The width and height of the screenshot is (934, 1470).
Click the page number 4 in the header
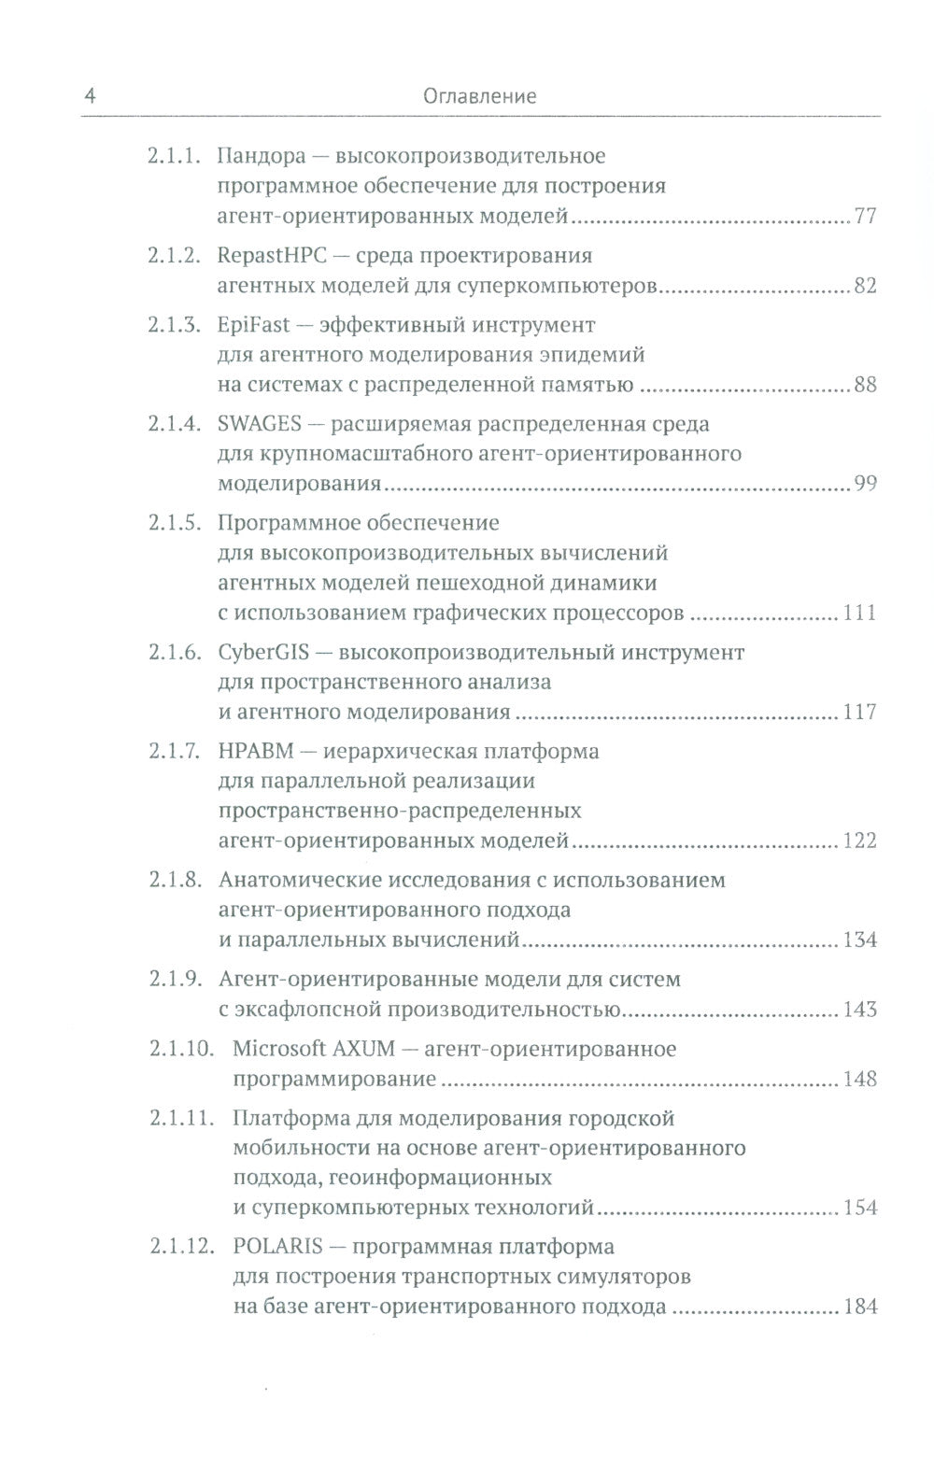[x=89, y=95]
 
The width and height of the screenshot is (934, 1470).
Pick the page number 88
[x=865, y=384]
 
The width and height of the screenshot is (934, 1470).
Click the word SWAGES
[x=259, y=424]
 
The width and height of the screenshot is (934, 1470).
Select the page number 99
[x=865, y=484]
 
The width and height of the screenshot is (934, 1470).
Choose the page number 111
[x=859, y=613]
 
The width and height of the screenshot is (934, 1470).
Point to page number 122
[x=859, y=841]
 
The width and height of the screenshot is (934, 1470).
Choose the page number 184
[x=859, y=1307]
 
